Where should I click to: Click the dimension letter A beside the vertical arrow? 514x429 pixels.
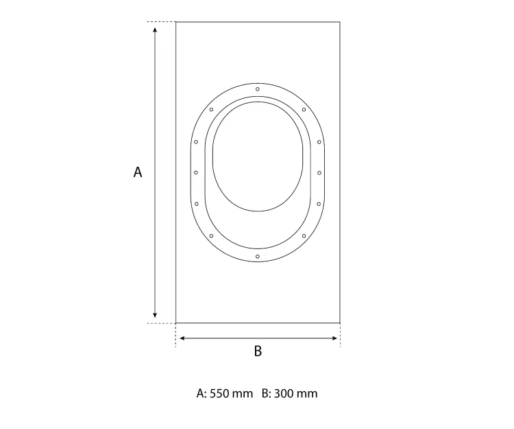point(138,172)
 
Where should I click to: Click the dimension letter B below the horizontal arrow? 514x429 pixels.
point(258,351)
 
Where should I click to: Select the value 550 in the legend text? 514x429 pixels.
point(219,393)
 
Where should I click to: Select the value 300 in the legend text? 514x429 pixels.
point(283,393)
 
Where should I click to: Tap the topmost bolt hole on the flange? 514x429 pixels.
point(258,89)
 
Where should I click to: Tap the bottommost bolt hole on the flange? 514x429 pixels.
point(258,256)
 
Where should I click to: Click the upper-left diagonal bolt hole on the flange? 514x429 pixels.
point(212,110)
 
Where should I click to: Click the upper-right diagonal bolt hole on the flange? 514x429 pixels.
point(304,110)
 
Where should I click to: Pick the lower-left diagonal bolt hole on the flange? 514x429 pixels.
point(212,235)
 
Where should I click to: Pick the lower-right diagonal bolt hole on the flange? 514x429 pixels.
point(304,235)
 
